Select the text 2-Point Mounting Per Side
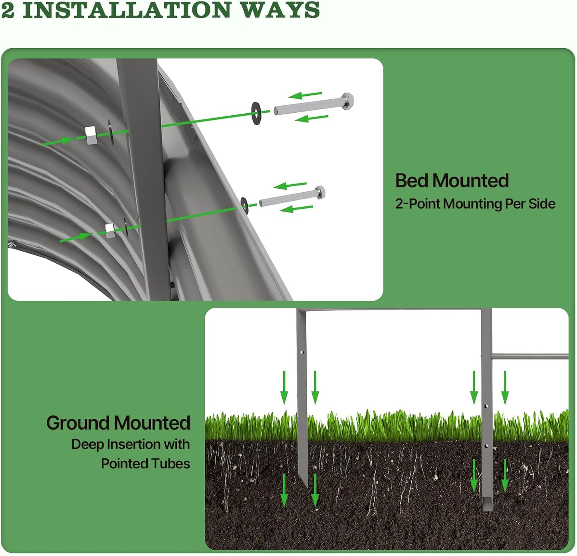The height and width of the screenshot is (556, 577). point(475,204)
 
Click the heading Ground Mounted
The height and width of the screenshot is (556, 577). point(118,423)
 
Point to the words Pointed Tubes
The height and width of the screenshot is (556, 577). point(145,464)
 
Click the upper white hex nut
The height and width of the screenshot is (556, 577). point(90,135)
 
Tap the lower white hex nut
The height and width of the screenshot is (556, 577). point(110,230)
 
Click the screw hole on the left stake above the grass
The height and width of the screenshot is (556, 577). point(302,353)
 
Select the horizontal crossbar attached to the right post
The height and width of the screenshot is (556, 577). point(530,357)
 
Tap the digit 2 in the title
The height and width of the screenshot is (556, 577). point(8,10)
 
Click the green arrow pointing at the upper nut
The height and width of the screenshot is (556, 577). point(58,142)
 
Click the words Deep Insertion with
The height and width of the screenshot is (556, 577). point(131,445)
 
